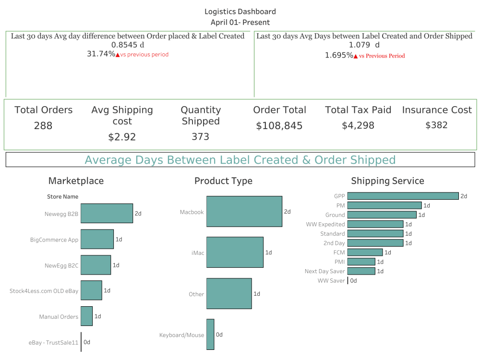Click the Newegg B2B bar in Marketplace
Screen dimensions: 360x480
click(x=107, y=213)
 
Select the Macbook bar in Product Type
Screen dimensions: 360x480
click(x=244, y=211)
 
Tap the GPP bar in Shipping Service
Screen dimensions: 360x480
click(x=403, y=196)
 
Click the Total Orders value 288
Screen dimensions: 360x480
click(x=43, y=126)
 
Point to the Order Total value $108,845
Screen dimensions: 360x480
click(x=279, y=126)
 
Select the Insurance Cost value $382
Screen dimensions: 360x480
click(x=436, y=125)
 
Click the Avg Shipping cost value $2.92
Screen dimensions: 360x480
click(x=122, y=137)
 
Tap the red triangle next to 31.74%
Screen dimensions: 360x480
click(x=118, y=55)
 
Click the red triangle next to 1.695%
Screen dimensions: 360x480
click(x=356, y=56)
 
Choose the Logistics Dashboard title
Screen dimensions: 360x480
click(x=240, y=12)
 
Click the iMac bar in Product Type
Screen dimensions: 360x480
click(x=235, y=252)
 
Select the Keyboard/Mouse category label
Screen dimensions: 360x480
click(x=181, y=335)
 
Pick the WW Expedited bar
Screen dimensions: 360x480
click(x=375, y=224)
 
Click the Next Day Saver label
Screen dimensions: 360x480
click(x=324, y=271)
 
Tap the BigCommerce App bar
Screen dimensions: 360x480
click(x=97, y=239)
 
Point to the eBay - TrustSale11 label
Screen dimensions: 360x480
click(x=53, y=343)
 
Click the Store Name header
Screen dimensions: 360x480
click(x=62, y=196)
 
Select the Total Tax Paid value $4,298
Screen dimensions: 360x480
click(x=358, y=125)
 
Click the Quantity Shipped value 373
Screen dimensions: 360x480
click(x=200, y=137)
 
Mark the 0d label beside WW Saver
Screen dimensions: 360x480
click(x=353, y=281)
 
